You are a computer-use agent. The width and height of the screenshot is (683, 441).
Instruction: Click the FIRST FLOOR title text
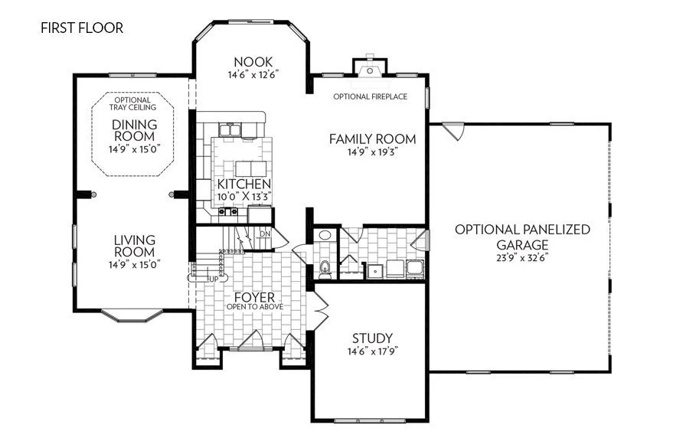pyautogui.click(x=82, y=28)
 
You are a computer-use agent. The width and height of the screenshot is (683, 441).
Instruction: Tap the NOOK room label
pyautogui.click(x=253, y=61)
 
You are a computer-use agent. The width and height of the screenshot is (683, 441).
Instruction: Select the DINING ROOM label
pyautogui.click(x=134, y=131)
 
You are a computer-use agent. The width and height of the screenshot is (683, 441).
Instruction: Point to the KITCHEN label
pyautogui.click(x=243, y=185)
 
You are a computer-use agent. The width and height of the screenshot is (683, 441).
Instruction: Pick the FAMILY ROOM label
pyautogui.click(x=373, y=139)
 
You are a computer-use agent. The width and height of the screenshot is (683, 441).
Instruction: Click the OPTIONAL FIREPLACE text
pyautogui.click(x=370, y=97)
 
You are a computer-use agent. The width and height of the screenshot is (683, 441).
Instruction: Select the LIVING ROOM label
pyautogui.click(x=135, y=246)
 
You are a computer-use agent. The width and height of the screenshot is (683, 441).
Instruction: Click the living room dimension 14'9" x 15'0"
pyautogui.click(x=135, y=265)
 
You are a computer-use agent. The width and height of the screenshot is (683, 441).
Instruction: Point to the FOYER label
pyautogui.click(x=255, y=297)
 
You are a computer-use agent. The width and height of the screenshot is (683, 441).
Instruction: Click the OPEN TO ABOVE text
pyautogui.click(x=255, y=307)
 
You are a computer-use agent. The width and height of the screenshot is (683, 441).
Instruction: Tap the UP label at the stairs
pyautogui.click(x=214, y=278)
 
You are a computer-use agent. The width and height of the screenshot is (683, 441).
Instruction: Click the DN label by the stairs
pyautogui.click(x=264, y=233)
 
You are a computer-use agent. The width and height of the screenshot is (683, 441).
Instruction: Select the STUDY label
pyautogui.click(x=372, y=338)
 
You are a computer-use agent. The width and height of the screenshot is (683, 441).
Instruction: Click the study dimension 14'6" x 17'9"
pyautogui.click(x=372, y=351)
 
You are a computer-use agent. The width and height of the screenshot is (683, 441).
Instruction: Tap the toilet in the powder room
pyautogui.click(x=325, y=267)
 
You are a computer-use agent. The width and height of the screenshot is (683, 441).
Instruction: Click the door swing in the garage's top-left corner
pyautogui.click(x=455, y=132)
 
